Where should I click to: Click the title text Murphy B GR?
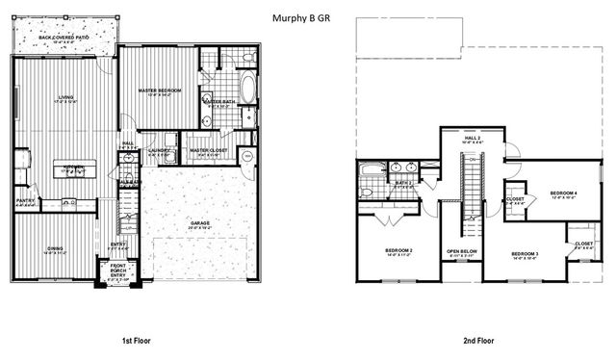[x=309, y=17]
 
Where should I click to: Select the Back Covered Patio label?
[x=64, y=38]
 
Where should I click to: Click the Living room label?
[x=66, y=97]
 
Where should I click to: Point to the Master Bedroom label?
[x=160, y=90]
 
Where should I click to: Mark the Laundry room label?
[x=161, y=151]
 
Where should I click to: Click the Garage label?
[x=200, y=223]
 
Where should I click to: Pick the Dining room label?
[x=55, y=249]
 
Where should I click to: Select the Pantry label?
[x=25, y=201]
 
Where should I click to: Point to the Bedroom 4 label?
[x=563, y=193]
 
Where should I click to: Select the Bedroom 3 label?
[x=525, y=254]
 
